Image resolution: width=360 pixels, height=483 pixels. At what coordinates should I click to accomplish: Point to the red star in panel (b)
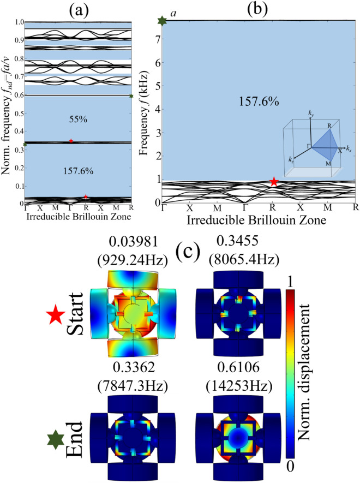[273, 182]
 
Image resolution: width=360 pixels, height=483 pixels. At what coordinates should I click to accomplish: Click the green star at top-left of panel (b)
[162, 21]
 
